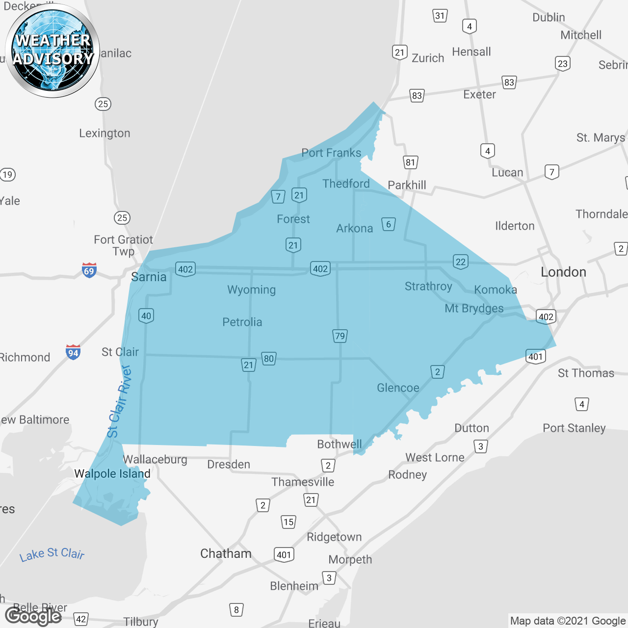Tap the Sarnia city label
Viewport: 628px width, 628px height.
(x=149, y=277)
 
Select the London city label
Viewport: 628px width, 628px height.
(x=563, y=272)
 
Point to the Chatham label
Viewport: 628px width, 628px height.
(x=226, y=554)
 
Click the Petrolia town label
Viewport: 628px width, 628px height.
(x=242, y=322)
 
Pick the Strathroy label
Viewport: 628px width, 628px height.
(x=428, y=287)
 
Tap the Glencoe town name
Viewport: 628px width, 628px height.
(x=398, y=388)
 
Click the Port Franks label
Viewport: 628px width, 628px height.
(x=331, y=153)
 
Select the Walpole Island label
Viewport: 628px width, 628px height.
(x=112, y=474)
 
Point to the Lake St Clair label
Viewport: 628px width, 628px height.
(x=52, y=554)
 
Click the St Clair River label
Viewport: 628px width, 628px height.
(x=119, y=401)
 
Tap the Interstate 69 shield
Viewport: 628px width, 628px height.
(x=89, y=270)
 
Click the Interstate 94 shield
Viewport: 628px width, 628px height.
(x=73, y=352)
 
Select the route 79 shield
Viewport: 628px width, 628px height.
(x=340, y=336)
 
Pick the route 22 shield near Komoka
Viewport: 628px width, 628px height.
(x=460, y=262)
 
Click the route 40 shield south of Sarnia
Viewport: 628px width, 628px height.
(x=146, y=315)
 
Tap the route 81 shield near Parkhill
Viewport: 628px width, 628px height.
(x=410, y=162)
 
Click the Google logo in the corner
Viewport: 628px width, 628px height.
(x=33, y=616)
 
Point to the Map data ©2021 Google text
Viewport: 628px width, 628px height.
(x=568, y=621)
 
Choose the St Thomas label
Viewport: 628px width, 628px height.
(x=586, y=373)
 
